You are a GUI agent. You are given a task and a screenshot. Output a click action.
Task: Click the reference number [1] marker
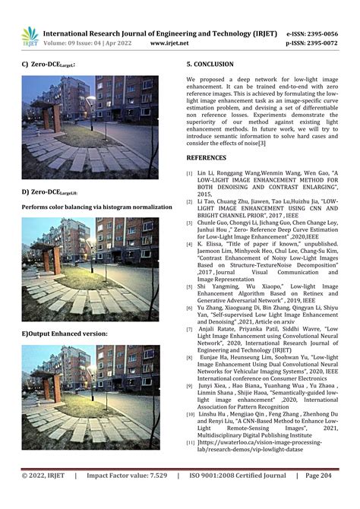pyautogui.click(x=190, y=173)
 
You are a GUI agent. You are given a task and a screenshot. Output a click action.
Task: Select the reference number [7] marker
pyautogui.click(x=190, y=328)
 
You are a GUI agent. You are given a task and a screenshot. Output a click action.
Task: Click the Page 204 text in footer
pyautogui.click(x=318, y=496)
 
